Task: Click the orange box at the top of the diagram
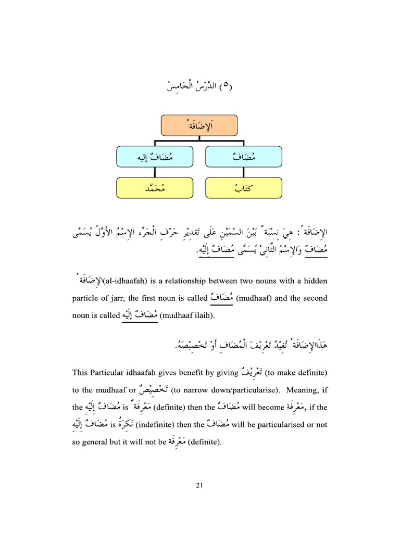tap(198, 125)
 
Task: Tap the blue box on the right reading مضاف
tap(244, 157)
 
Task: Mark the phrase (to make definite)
tap(296, 373)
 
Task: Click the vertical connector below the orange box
tap(199, 139)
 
